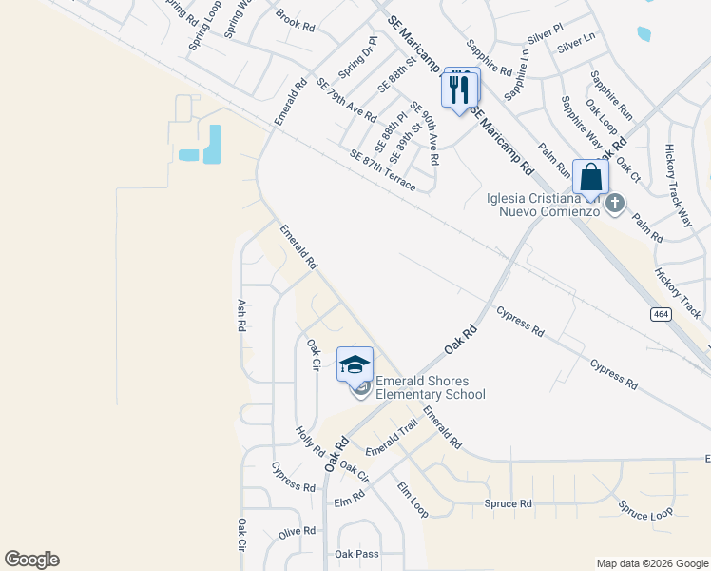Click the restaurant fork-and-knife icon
(x=459, y=90)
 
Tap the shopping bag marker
(x=590, y=178)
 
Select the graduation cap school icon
(x=355, y=364)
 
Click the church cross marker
(x=615, y=203)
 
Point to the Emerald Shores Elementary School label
(x=431, y=388)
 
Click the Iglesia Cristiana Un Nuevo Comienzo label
(x=543, y=204)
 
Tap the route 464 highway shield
(x=661, y=313)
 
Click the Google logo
(x=31, y=560)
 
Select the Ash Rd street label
(x=241, y=313)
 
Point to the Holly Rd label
(x=310, y=440)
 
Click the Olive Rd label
(x=297, y=532)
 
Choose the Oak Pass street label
(x=356, y=554)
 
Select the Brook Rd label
(x=295, y=19)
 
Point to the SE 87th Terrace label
(x=382, y=170)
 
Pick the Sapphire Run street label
(x=611, y=94)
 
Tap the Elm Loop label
(x=412, y=501)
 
